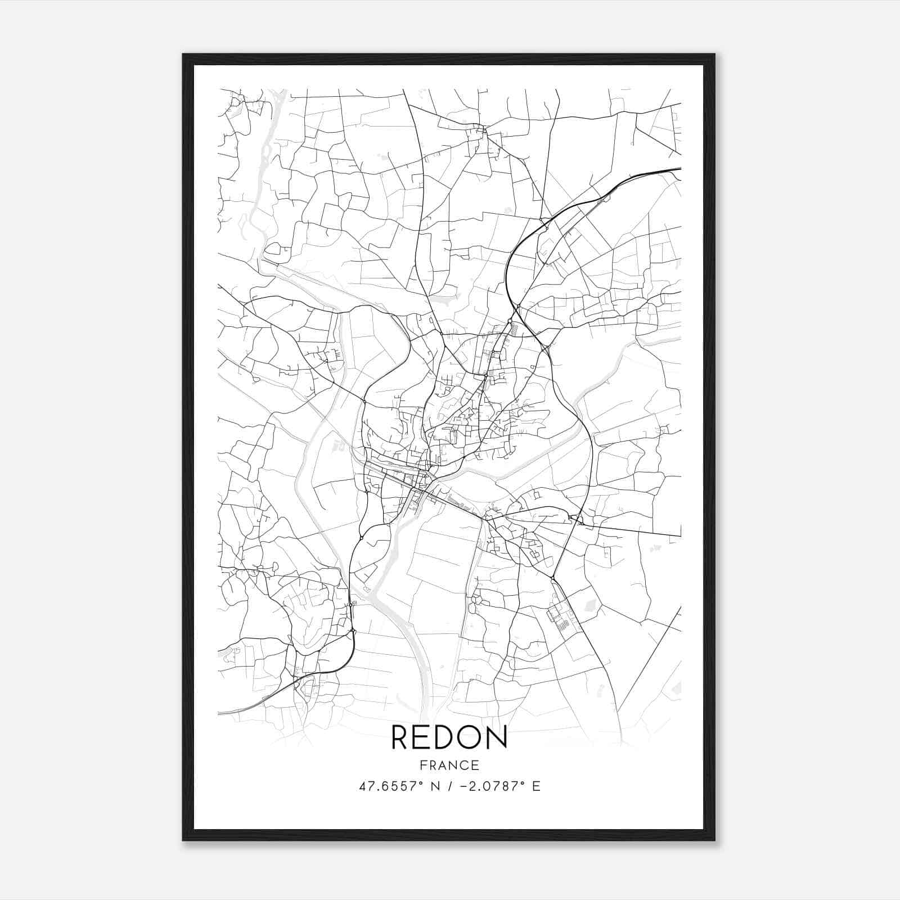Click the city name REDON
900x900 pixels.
click(x=449, y=737)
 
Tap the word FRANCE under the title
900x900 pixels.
click(x=449, y=766)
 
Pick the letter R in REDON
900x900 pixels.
click(x=400, y=737)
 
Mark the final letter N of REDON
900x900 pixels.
click(x=498, y=737)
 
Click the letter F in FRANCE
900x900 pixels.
click(x=422, y=766)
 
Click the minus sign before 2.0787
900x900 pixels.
click(x=463, y=786)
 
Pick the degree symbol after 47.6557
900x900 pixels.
click(x=421, y=783)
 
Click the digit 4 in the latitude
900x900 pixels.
click(x=363, y=786)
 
